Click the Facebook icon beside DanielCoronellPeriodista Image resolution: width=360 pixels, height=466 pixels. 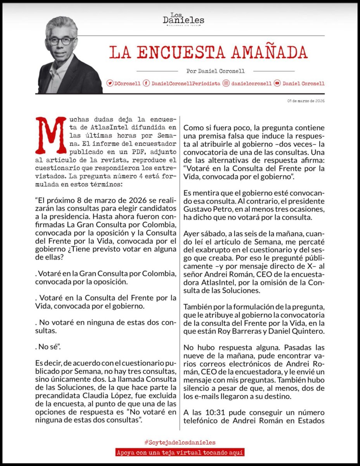pyautogui.click(x=146, y=83)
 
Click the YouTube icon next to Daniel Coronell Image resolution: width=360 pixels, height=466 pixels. pyautogui.click(x=277, y=83)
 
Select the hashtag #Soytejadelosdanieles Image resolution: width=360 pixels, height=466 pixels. pyautogui.click(x=180, y=442)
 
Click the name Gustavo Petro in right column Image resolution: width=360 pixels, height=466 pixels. pyautogui.click(x=203, y=210)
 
